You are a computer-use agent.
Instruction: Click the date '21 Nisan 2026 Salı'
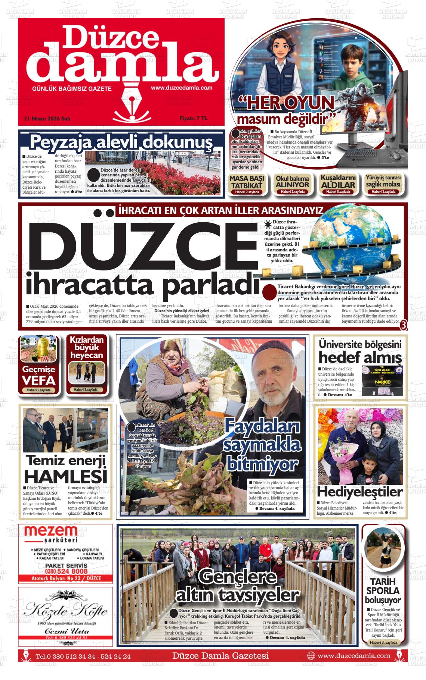(47, 119)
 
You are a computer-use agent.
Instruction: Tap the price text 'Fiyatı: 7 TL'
(194, 118)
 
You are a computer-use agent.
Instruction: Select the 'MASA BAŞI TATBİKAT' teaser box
(247, 184)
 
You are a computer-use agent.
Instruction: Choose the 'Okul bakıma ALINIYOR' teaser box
(293, 184)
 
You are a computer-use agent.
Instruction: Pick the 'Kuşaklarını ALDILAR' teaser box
(338, 184)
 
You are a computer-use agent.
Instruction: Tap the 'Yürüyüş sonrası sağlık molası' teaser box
(383, 184)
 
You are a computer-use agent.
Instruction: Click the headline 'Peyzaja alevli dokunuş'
(121, 142)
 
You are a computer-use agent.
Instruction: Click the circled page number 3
(403, 325)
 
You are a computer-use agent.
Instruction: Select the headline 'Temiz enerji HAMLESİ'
(66, 469)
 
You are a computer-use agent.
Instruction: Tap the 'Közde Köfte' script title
(66, 611)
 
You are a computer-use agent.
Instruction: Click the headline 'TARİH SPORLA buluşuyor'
(383, 591)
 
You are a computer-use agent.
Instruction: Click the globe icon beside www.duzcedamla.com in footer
(311, 655)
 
